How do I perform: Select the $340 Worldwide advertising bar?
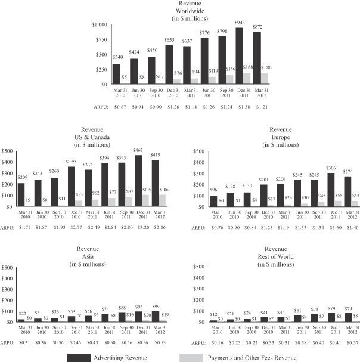[116, 74]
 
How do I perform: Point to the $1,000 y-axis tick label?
[98, 24]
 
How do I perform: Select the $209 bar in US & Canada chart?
[21, 194]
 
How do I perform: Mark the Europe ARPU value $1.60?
[318, 227]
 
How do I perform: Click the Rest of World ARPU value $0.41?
[318, 343]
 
